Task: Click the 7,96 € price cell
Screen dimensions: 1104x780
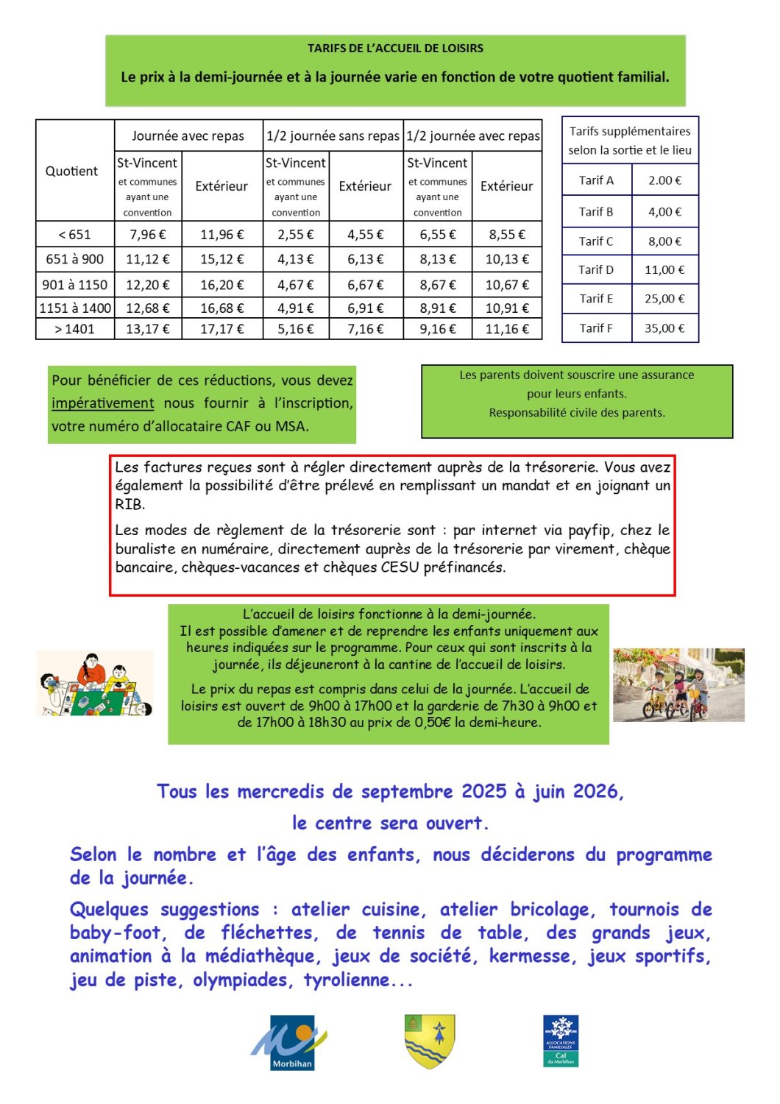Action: coord(147,235)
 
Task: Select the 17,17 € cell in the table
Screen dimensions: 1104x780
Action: coord(221,329)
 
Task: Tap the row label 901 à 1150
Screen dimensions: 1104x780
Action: coord(74,285)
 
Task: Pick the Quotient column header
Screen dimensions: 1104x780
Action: coord(71,171)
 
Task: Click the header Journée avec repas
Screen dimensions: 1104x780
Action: coord(188,135)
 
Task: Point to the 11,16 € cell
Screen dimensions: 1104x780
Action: coord(507,329)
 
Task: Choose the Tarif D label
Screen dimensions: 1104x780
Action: coord(596,269)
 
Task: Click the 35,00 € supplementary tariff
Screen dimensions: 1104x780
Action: coord(664,328)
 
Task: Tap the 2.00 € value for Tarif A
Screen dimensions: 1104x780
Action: coord(664,180)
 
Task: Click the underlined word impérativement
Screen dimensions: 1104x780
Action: coord(102,403)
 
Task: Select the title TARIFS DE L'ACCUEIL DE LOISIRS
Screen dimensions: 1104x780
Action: coord(395,49)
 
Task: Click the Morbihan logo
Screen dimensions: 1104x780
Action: coord(289,1042)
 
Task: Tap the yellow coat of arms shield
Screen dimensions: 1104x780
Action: coord(429,1041)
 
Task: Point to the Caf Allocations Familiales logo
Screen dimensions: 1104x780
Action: coord(561,1041)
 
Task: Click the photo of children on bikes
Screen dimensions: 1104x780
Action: coord(678,685)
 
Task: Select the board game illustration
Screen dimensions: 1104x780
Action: coord(95,684)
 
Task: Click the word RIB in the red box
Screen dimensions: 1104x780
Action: coord(130,505)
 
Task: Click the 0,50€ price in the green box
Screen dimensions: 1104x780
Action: coord(433,723)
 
